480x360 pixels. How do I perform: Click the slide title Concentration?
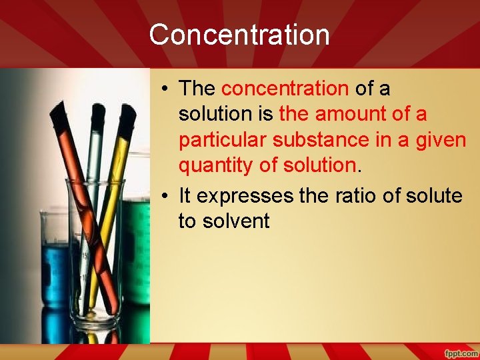(239, 35)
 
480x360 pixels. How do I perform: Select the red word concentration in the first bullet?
(285, 89)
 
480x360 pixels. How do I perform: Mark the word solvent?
(224, 221)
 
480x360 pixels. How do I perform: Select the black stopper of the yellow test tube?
(126, 116)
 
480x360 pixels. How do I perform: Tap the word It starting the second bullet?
(185, 195)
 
